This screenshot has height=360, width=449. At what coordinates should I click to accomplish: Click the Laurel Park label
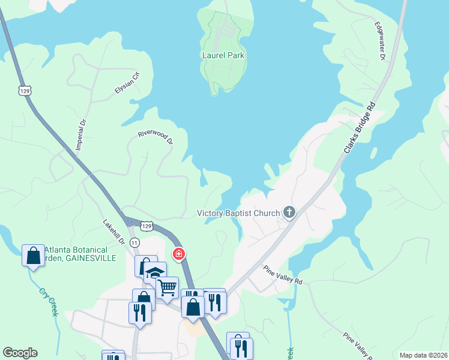click(226, 56)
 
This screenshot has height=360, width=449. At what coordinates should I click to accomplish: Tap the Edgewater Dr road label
click(380, 41)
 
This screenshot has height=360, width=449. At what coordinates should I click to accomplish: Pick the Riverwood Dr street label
click(155, 137)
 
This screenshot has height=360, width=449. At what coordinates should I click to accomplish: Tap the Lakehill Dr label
click(113, 232)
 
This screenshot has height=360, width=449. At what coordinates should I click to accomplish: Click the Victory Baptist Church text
click(239, 213)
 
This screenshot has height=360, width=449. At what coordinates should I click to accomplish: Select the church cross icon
click(289, 212)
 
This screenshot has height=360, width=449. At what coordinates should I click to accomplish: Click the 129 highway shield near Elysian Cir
click(24, 90)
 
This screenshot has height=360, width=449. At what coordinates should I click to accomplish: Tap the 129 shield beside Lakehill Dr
click(146, 226)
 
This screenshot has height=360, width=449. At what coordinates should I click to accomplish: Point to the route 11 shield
click(134, 242)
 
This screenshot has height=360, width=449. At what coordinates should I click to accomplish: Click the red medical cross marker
click(178, 254)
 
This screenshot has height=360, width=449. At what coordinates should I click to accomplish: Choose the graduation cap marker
click(155, 272)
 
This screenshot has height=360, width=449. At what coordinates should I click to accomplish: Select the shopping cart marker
click(167, 287)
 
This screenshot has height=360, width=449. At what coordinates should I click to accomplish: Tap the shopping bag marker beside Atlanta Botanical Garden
click(33, 256)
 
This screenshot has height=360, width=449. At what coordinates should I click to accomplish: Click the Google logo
click(20, 353)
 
